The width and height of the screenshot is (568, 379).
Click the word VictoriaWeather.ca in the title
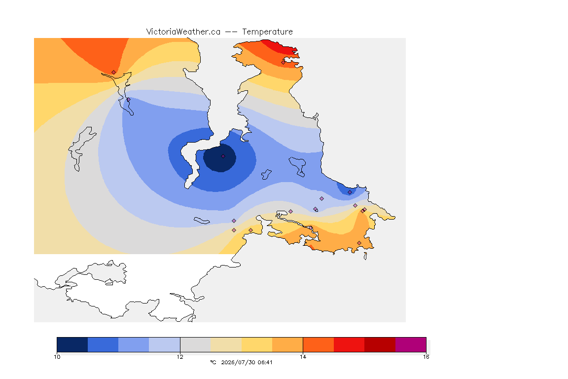(183, 32)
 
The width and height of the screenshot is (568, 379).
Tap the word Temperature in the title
(267, 32)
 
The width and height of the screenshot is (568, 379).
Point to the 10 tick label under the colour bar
(57, 357)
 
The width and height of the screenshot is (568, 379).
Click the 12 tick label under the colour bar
(180, 357)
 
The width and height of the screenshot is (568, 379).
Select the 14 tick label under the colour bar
(303, 357)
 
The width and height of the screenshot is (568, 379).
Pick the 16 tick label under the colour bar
(426, 357)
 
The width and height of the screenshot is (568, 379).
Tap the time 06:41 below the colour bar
(265, 362)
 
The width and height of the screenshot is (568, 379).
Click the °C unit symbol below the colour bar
(213, 362)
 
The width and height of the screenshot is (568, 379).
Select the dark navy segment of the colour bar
(72, 344)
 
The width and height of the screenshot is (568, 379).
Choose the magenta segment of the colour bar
(410, 344)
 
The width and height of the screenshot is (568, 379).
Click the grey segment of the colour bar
(195, 344)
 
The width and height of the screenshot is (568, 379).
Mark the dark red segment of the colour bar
(380, 344)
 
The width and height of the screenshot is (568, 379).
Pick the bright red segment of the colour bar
(349, 344)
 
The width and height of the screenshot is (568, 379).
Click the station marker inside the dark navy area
(223, 156)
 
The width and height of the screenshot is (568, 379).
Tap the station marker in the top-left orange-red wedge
(114, 73)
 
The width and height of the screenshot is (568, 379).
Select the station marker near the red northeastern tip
(284, 62)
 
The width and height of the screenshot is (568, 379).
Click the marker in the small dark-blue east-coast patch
(350, 192)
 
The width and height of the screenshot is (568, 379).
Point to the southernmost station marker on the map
(359, 243)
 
